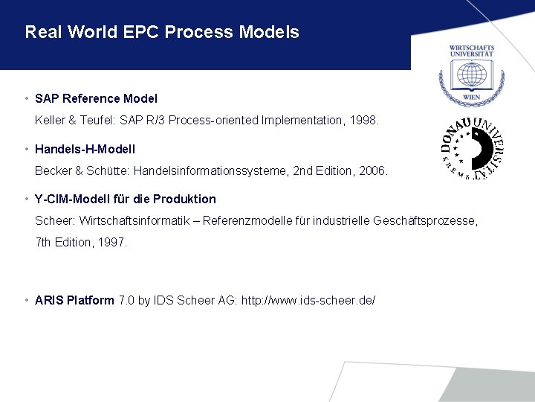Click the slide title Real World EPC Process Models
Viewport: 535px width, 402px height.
click(162, 33)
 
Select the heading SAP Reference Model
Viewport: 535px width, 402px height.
click(96, 98)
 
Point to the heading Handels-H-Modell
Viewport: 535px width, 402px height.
click(85, 149)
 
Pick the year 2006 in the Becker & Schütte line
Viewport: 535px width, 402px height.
click(374, 170)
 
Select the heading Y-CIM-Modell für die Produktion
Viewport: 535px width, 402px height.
click(126, 199)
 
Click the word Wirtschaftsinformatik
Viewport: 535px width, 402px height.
click(121, 221)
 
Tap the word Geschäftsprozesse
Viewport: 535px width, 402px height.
click(426, 221)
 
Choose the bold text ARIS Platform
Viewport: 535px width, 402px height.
click(74, 300)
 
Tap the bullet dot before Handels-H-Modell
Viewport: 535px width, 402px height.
click(27, 149)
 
